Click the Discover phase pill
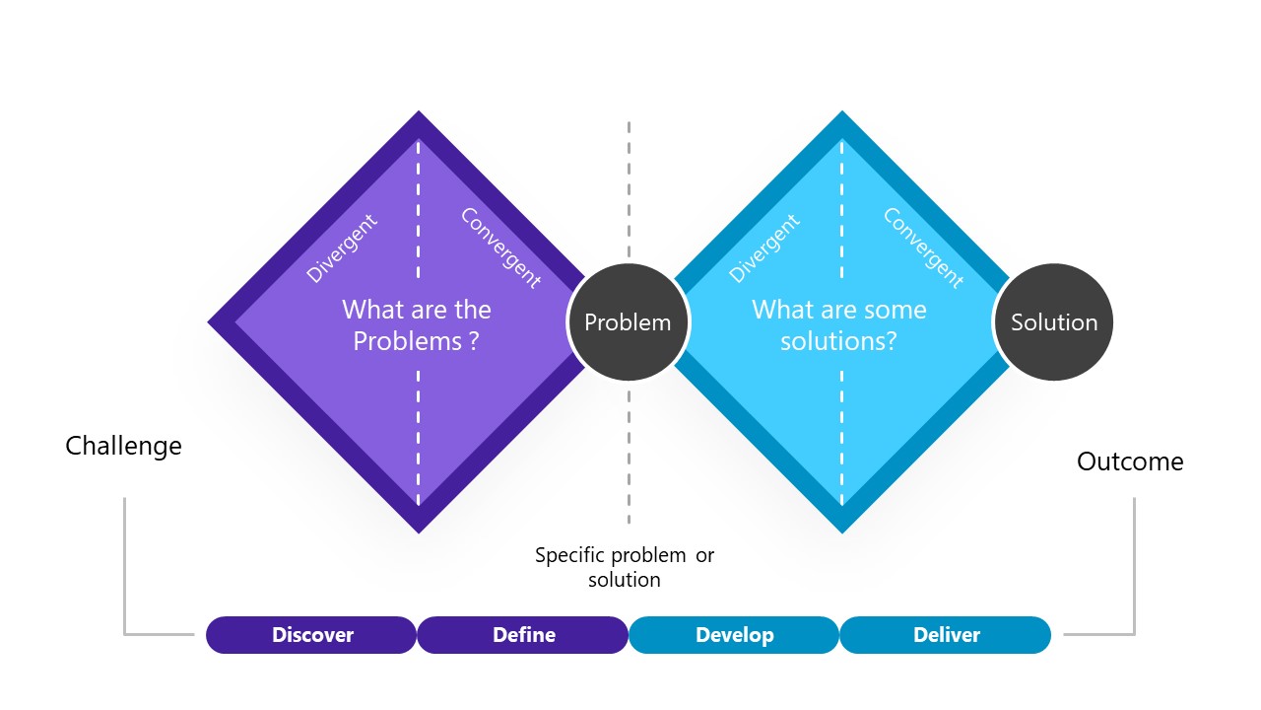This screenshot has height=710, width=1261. coord(311,635)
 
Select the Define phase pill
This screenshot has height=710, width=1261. coord(523,635)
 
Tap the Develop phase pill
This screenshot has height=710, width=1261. coord(734,635)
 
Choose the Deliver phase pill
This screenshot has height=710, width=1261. coord(946,635)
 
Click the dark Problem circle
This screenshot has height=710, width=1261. coord(628,322)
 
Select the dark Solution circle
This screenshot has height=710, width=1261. coord(1053,322)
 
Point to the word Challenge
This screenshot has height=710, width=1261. coord(123,446)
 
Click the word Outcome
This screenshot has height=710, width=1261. coord(1130,461)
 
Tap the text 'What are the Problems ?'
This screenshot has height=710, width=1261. coord(417,325)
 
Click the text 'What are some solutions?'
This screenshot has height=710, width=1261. coord(839,325)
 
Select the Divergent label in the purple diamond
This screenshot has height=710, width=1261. coord(342,248)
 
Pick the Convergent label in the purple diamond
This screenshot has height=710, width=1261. coord(500,248)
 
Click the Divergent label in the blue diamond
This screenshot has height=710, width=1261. coord(763,248)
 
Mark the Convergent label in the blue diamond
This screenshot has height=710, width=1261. coord(922,248)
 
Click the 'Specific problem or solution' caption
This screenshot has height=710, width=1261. coord(625,567)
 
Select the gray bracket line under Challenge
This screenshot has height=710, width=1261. coord(125,572)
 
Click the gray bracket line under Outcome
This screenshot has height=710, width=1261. coord(1134,572)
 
